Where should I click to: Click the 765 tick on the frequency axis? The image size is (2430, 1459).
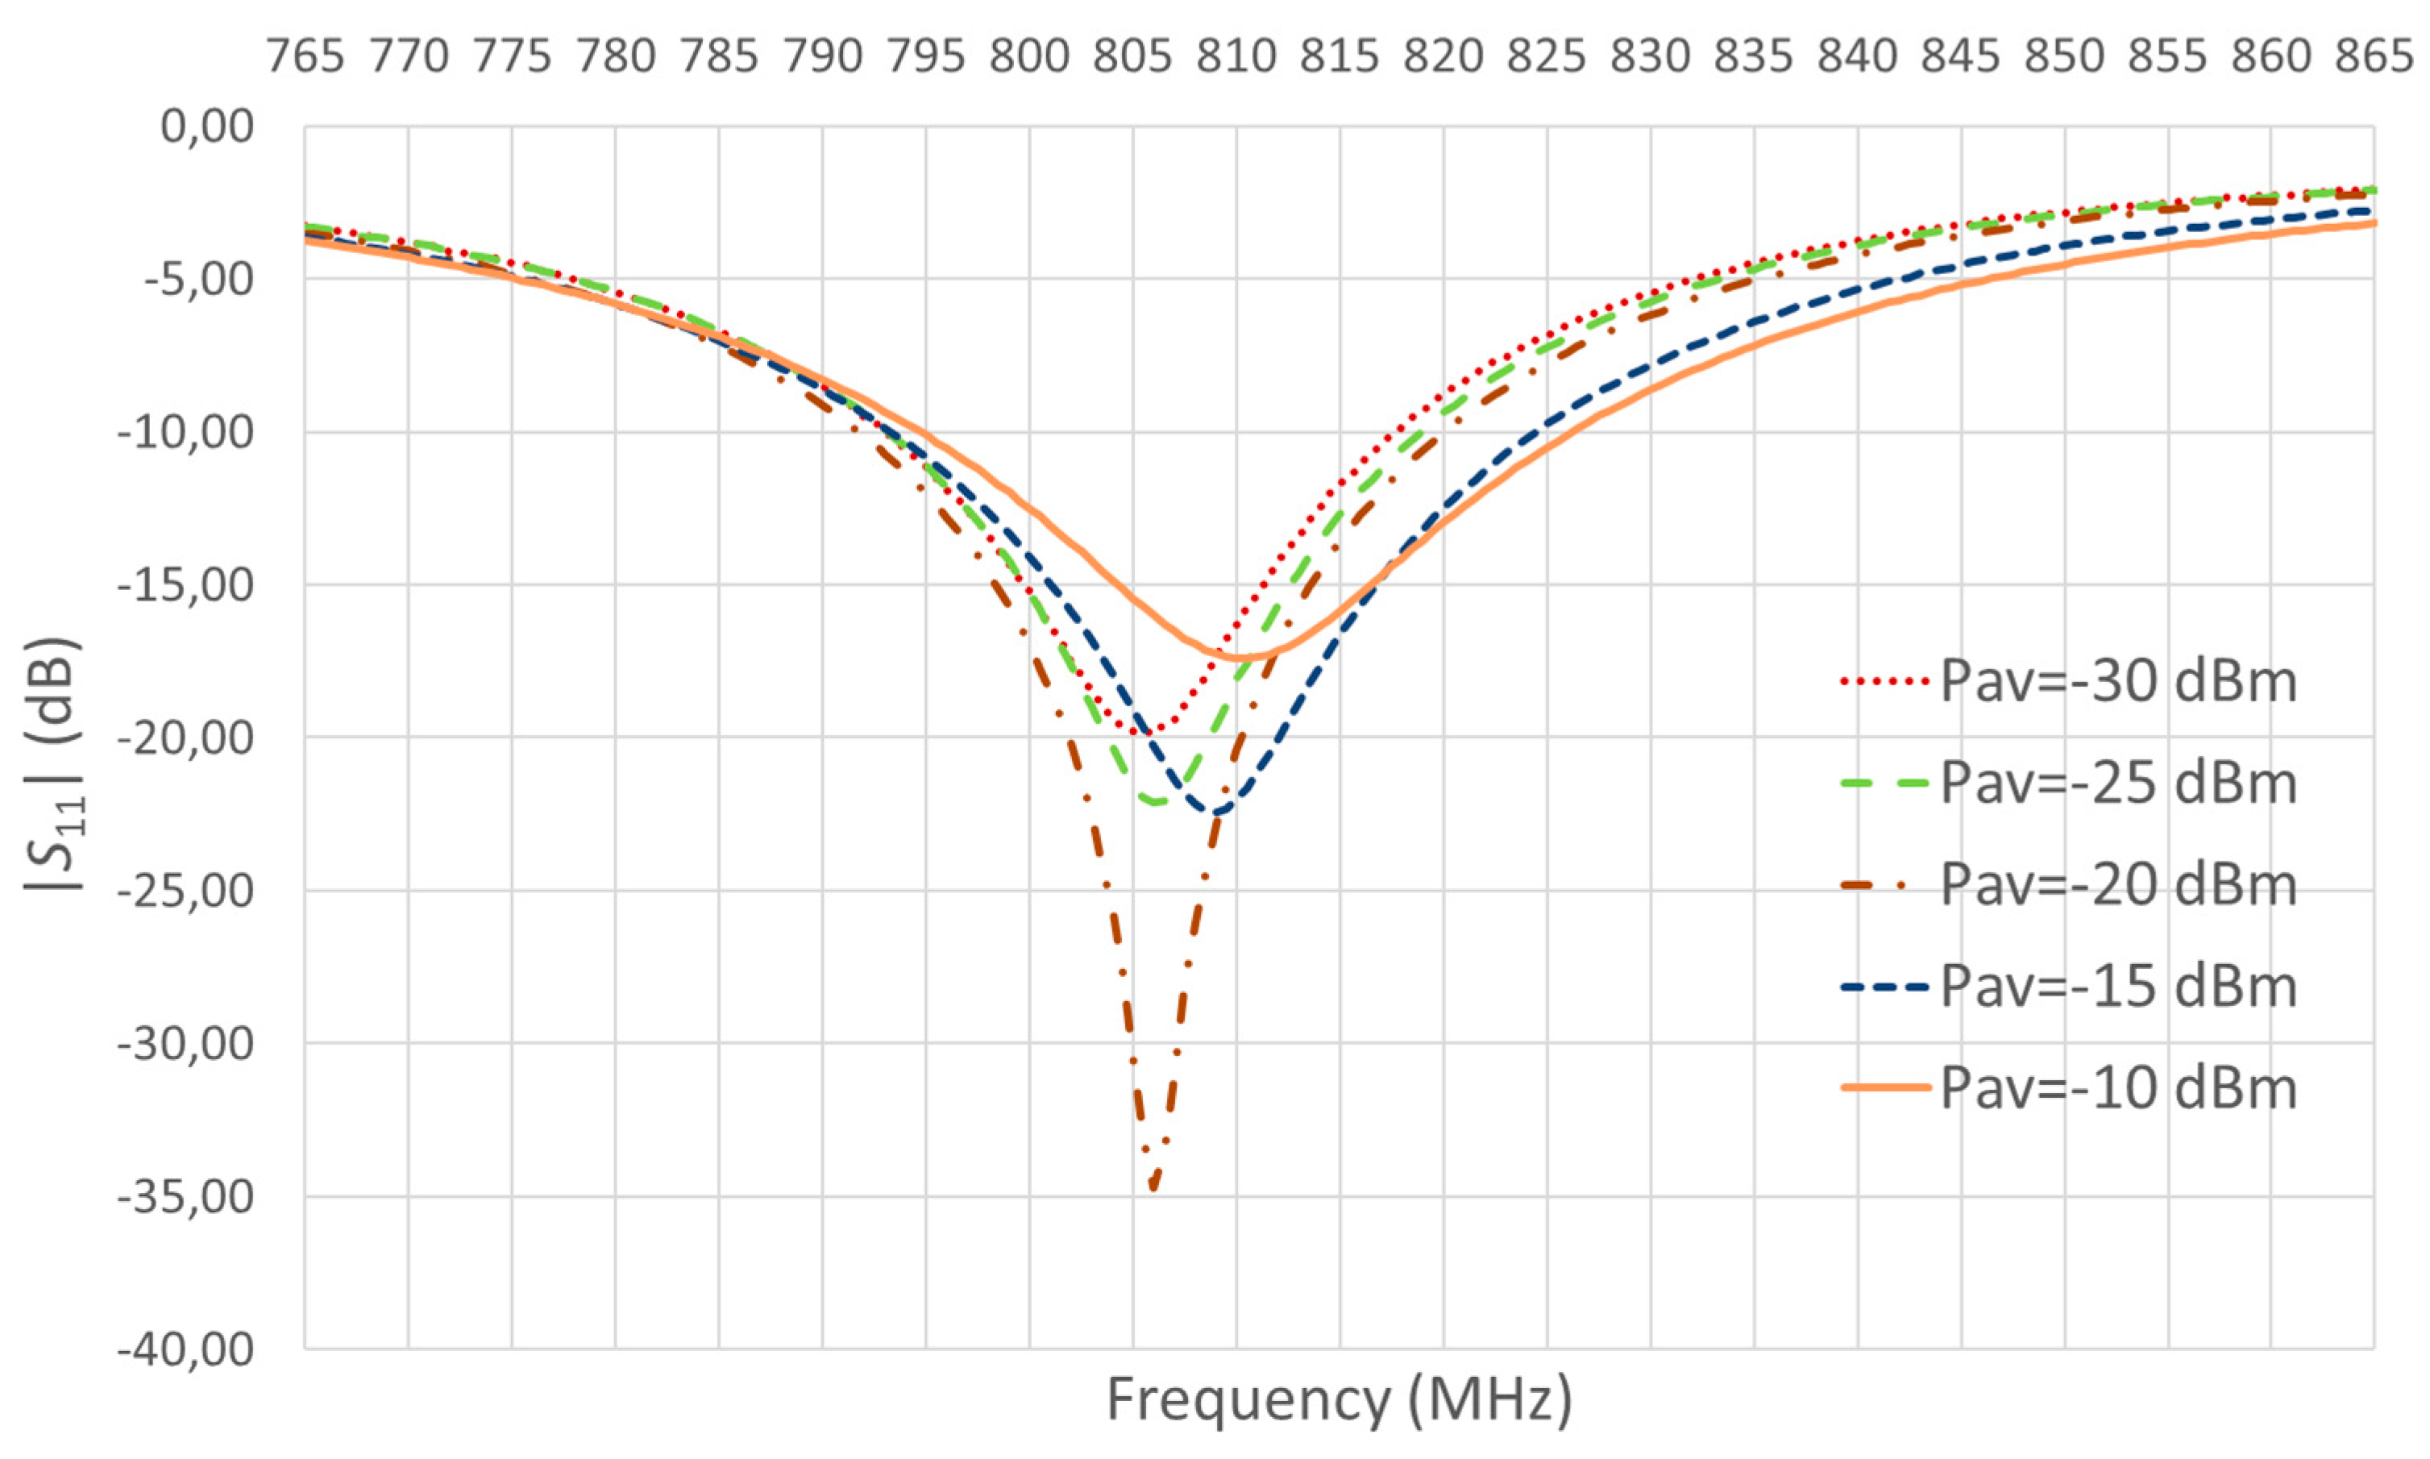point(305,56)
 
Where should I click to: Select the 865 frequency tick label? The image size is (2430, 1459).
point(2374,56)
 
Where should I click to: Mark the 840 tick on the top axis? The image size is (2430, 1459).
point(1857,56)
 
